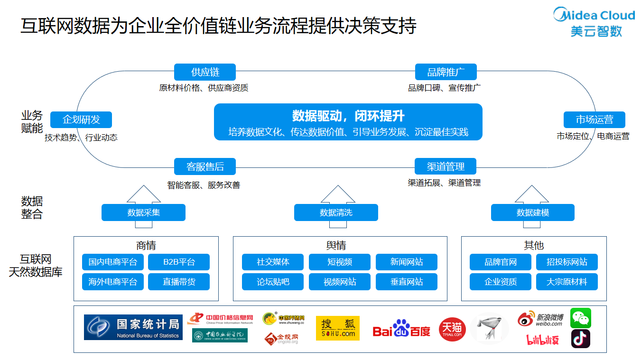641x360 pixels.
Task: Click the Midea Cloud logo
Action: pyautogui.click(x=595, y=22)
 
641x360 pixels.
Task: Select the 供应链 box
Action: pyautogui.click(x=205, y=72)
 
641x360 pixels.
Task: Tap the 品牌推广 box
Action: pyautogui.click(x=446, y=72)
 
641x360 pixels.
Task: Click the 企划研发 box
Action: pyautogui.click(x=81, y=120)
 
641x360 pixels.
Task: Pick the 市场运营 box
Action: pyautogui.click(x=594, y=120)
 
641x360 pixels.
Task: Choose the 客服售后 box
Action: pyautogui.click(x=205, y=166)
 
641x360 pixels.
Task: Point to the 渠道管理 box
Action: pyautogui.click(x=446, y=166)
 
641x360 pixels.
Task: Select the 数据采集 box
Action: pyautogui.click(x=143, y=212)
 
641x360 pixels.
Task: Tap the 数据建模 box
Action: pyautogui.click(x=532, y=212)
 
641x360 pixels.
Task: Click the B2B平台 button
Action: pyautogui.click(x=179, y=262)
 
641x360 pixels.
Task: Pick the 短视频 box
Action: pyautogui.click(x=339, y=262)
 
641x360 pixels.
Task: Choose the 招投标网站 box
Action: pyautogui.click(x=567, y=262)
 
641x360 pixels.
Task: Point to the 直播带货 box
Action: pyautogui.click(x=179, y=282)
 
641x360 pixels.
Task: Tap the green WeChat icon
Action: pyautogui.click(x=581, y=318)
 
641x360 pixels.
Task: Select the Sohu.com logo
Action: pyautogui.click(x=337, y=328)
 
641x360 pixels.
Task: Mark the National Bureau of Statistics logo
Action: pyautogui.click(x=133, y=327)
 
